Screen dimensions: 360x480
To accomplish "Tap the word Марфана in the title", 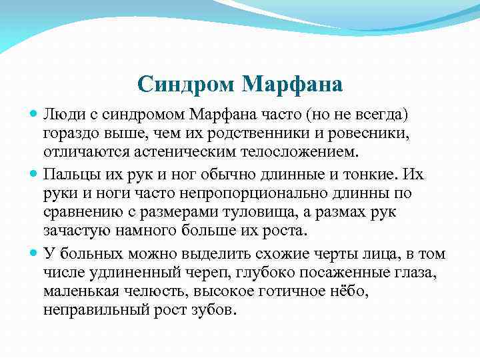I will pos(293,84).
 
